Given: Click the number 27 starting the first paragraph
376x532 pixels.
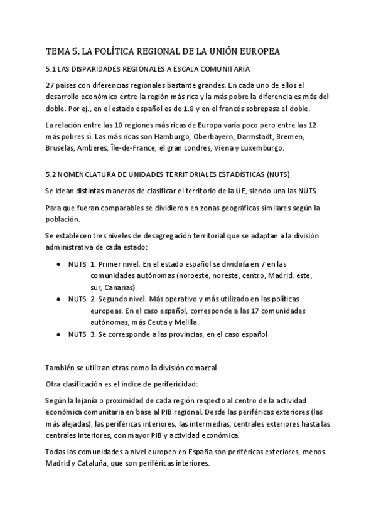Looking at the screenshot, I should (51, 85).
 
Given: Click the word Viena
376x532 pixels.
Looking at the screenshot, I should (218, 148).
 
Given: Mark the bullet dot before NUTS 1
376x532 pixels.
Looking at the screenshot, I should (58, 264).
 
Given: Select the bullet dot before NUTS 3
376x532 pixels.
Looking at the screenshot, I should (58, 334).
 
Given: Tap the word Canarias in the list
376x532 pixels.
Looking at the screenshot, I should (119, 287).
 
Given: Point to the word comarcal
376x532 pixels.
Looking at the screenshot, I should (200, 367).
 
